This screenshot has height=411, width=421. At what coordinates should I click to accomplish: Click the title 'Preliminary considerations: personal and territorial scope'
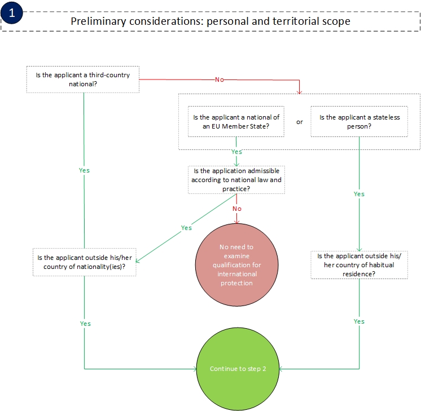[x=211, y=21]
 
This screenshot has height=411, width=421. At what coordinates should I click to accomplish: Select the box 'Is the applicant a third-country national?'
[x=83, y=79]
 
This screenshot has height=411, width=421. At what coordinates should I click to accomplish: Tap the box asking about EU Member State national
[x=236, y=122]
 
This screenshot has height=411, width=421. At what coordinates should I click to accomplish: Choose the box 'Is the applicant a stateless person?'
[x=359, y=122]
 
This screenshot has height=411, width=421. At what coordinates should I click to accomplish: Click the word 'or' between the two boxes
[x=300, y=121]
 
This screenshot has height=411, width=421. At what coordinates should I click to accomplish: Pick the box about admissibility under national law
[x=236, y=179]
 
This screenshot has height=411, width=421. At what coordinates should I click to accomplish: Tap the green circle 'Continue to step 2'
[x=238, y=369]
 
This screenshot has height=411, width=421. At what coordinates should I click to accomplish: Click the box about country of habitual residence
[x=359, y=264]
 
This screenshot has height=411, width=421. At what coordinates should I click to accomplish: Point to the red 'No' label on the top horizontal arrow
[x=219, y=79]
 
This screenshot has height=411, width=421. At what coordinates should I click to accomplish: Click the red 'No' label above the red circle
[x=237, y=209]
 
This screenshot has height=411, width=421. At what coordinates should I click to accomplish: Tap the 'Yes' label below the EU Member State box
[x=237, y=152]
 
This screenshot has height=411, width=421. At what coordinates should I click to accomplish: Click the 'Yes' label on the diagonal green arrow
[x=186, y=228]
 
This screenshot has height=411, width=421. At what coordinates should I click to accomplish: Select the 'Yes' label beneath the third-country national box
[x=84, y=170]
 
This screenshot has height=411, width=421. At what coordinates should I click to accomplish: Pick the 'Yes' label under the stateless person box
[x=359, y=194]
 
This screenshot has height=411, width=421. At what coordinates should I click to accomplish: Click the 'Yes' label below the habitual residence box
[x=359, y=321]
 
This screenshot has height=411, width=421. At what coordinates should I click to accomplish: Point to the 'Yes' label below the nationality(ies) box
[x=85, y=324]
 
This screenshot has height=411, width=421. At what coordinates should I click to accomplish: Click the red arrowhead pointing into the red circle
[x=236, y=220]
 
